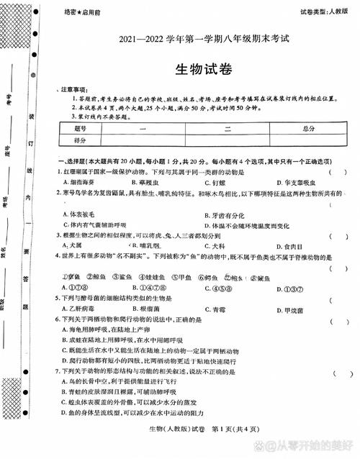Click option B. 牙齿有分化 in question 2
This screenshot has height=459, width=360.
pyautogui.click(x=210, y=214)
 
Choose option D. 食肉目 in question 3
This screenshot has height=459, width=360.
pyautogui.click(x=276, y=245)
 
